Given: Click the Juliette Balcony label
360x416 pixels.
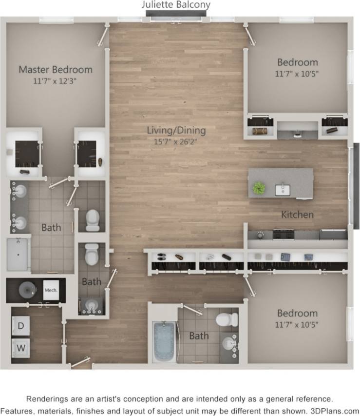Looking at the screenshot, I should tap(176, 5).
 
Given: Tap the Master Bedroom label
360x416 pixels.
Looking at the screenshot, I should tap(56, 69).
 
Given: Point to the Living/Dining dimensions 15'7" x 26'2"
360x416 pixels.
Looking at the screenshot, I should tap(177, 141).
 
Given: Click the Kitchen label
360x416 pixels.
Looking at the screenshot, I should tap(297, 215).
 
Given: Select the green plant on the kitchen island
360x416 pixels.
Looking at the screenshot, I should tap(258, 188).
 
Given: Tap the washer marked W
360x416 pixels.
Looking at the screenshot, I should tap(21, 348).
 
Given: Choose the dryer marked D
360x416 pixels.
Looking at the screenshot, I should tap(21, 325).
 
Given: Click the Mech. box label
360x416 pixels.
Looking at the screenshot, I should tap(51, 290).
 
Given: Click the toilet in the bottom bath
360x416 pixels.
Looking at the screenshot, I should tap(227, 320).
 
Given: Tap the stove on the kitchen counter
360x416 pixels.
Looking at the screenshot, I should tap(283, 234).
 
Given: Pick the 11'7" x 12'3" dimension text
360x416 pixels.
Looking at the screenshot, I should tap(56, 80).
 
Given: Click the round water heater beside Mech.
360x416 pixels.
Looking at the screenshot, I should tap(27, 290).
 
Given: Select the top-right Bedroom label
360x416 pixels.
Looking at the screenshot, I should tap(297, 62).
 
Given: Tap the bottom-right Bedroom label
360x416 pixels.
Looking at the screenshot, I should tap(297, 313).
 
